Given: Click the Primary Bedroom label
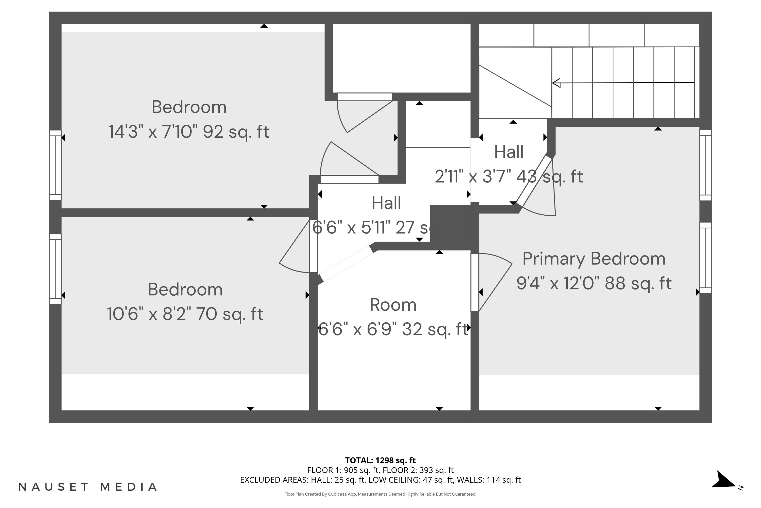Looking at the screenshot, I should pyautogui.click(x=594, y=259).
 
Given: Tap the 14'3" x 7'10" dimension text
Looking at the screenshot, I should pyautogui.click(x=189, y=132).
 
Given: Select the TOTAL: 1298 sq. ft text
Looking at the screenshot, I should pyautogui.click(x=380, y=460).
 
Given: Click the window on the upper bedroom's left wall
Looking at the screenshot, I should pyautogui.click(x=55, y=165).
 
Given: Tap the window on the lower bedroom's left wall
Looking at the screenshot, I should pyautogui.click(x=55, y=269).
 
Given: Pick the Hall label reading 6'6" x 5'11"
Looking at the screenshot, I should pyautogui.click(x=386, y=203).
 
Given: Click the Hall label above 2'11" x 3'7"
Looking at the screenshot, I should pyautogui.click(x=509, y=152).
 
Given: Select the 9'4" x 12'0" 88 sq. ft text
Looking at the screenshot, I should pyautogui.click(x=594, y=283).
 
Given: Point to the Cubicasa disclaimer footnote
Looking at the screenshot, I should pyautogui.click(x=380, y=494).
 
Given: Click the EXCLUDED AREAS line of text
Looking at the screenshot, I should pyautogui.click(x=380, y=480).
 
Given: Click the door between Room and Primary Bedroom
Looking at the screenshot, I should pyautogui.click(x=475, y=282).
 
